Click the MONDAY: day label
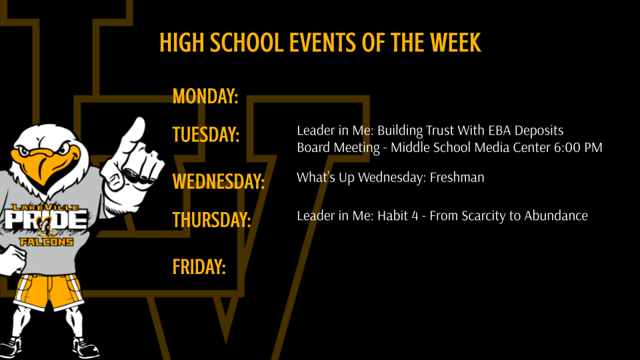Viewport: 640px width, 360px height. pyautogui.click(x=205, y=97)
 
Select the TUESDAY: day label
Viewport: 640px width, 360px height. pyautogui.click(x=206, y=134)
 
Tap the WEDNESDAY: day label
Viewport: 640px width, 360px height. pyautogui.click(x=218, y=181)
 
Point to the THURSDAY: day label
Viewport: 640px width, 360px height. pyautogui.click(x=211, y=219)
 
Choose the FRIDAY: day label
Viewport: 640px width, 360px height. pyautogui.click(x=199, y=267)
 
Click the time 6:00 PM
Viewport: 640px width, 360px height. pyautogui.click(x=578, y=147)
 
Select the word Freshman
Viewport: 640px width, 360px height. pyautogui.click(x=457, y=177)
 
